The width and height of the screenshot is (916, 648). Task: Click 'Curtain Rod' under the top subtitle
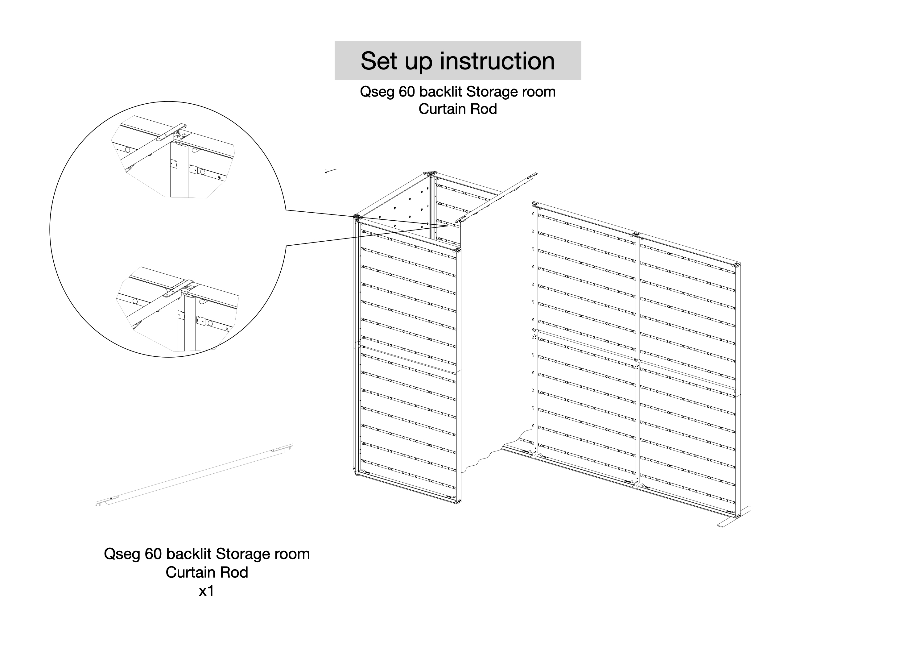click(x=458, y=109)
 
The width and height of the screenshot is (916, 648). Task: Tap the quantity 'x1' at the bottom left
click(x=206, y=591)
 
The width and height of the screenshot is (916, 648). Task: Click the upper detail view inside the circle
click(x=175, y=158)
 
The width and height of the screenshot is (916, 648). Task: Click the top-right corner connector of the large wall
click(x=737, y=265)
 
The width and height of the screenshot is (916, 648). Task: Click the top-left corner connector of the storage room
click(x=357, y=217)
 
